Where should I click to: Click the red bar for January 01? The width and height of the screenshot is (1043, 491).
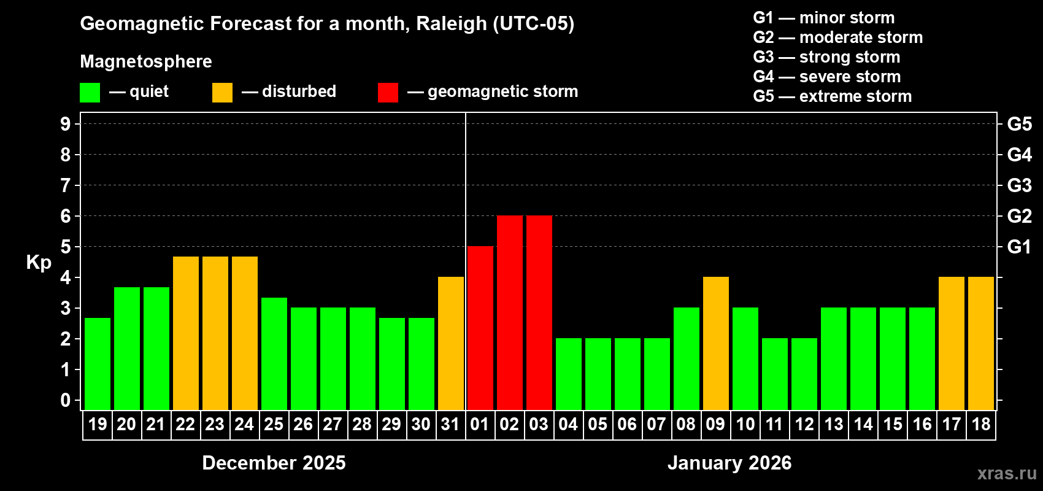pyautogui.click(x=480, y=328)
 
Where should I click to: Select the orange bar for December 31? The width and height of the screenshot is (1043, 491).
pyautogui.click(x=450, y=343)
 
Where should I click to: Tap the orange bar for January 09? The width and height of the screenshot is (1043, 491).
pyautogui.click(x=715, y=343)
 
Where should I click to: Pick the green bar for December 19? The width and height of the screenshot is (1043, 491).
pyautogui.click(x=97, y=363)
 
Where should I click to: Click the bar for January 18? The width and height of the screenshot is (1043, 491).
pyautogui.click(x=980, y=343)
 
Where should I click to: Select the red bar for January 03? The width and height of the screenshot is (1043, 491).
pyautogui.click(x=539, y=312)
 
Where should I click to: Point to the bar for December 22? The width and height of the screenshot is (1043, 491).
pyautogui.click(x=185, y=333)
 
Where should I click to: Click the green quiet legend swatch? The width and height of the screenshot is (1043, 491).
pyautogui.click(x=90, y=93)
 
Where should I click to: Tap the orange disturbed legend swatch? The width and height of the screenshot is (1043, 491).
pyautogui.click(x=222, y=93)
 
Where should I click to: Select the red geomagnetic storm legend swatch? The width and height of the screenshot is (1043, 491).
pyautogui.click(x=388, y=93)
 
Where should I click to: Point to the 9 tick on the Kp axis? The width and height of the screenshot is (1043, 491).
pyautogui.click(x=66, y=124)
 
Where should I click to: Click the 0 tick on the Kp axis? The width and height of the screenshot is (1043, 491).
pyautogui.click(x=66, y=400)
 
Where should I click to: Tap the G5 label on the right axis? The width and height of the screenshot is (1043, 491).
pyautogui.click(x=1019, y=124)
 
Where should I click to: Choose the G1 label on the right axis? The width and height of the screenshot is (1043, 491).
pyautogui.click(x=1019, y=247)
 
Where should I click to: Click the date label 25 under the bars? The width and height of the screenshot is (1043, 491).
pyautogui.click(x=274, y=424)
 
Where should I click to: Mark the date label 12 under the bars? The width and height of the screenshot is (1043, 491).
pyautogui.click(x=804, y=424)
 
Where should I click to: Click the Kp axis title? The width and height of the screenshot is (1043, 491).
pyautogui.click(x=39, y=262)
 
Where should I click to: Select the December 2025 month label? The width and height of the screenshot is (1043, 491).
pyautogui.click(x=274, y=463)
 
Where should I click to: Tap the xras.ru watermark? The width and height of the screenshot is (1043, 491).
pyautogui.click(x=1006, y=473)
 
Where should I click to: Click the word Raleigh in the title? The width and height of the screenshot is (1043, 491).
pyautogui.click(x=451, y=24)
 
